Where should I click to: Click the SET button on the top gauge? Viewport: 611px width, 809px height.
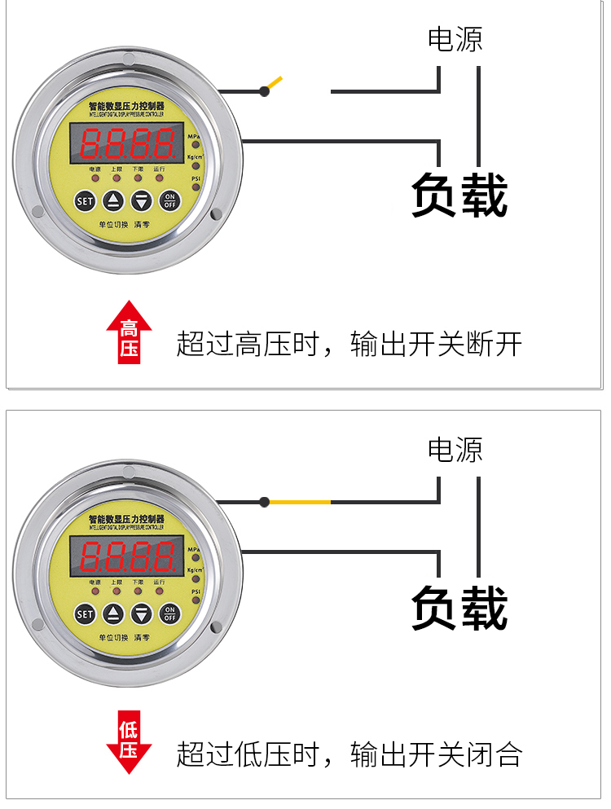(x=85, y=200)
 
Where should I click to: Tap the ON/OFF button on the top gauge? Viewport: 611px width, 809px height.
(x=169, y=200)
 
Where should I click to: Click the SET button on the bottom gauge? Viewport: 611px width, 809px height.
(x=85, y=613)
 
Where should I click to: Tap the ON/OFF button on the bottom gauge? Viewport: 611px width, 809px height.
(x=169, y=613)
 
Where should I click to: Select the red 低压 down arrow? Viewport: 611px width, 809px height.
(x=129, y=741)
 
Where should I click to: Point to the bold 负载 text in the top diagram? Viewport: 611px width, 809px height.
(x=459, y=196)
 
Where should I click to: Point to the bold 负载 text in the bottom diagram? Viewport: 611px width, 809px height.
(x=459, y=607)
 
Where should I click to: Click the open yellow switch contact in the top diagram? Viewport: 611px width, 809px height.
(x=275, y=83)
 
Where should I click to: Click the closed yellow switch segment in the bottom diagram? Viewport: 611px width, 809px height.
(x=300, y=502)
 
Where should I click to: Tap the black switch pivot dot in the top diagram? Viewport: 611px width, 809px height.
(x=264, y=91)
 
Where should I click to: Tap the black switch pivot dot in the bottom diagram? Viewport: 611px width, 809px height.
(x=264, y=502)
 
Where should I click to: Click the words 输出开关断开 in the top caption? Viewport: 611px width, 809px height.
(x=436, y=345)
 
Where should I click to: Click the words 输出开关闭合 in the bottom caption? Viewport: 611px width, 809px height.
(x=436, y=754)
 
